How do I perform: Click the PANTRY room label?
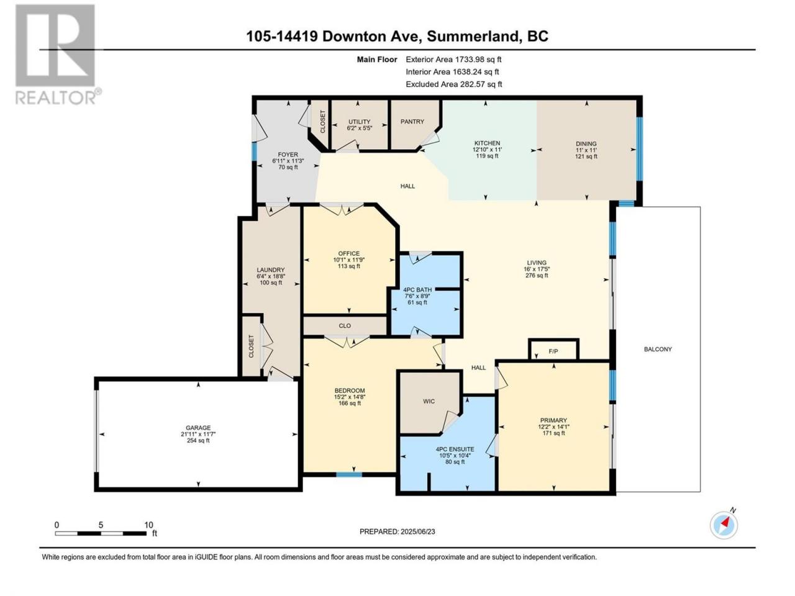[x=412, y=122]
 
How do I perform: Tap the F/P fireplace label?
[x=553, y=351]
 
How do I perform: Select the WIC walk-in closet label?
[x=429, y=401]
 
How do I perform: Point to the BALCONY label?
[x=657, y=349]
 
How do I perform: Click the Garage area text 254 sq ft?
[x=198, y=440]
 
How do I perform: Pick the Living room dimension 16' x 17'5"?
[x=537, y=269]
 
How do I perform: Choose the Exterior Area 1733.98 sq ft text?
[x=453, y=60]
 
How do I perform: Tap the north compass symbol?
[x=724, y=525]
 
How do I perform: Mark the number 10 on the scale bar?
[x=148, y=525]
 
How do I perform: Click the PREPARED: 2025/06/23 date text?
[x=397, y=531]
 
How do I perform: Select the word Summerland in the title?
[x=472, y=36]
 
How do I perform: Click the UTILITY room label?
[x=359, y=122]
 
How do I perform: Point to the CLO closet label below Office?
[x=345, y=326]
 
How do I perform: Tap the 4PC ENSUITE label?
[x=455, y=449]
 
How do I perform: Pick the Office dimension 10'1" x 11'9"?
[x=349, y=260]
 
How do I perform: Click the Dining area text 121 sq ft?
[x=586, y=156]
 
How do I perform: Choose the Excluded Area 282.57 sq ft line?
[x=453, y=84]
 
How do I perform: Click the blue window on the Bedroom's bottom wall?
[x=348, y=474]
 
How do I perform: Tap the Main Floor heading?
[x=376, y=60]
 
